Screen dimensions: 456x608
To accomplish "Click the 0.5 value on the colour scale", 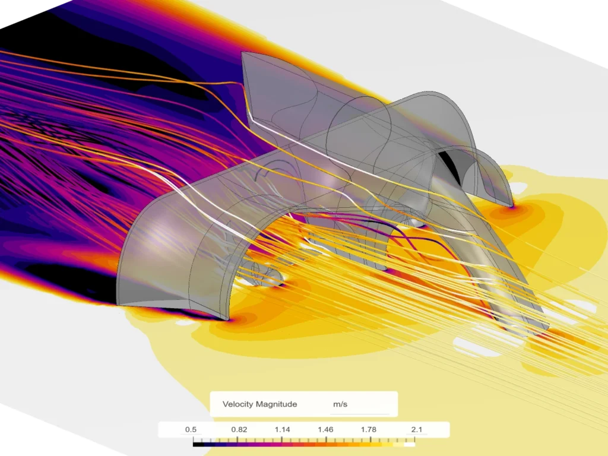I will click(192, 429).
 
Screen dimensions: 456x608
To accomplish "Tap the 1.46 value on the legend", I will click(325, 429).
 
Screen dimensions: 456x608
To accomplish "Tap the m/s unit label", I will click(340, 404).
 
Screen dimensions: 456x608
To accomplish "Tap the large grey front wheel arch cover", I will click(178, 249).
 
